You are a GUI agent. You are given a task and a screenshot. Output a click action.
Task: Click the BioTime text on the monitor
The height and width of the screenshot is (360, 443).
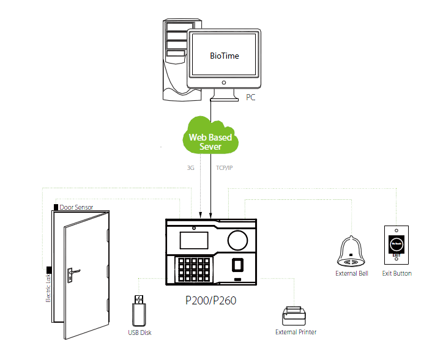coord(225,56)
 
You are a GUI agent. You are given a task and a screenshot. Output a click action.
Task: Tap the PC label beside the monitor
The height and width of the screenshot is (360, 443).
coord(250,97)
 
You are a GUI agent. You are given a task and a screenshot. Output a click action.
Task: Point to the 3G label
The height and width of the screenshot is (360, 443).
coord(190,167)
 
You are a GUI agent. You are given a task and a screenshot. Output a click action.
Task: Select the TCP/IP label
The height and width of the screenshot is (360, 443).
coord(225,167)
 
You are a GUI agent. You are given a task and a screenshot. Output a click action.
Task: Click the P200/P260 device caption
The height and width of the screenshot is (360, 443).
coord(210,301)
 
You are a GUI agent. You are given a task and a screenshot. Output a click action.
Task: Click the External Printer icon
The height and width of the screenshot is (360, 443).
coord(295,315)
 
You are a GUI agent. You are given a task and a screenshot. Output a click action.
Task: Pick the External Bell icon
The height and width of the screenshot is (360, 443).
coord(351,251)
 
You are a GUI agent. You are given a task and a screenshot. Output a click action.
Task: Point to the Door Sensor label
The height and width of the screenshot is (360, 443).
coord(76,207)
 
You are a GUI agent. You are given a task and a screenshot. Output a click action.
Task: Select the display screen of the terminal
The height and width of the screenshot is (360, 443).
coord(194,239)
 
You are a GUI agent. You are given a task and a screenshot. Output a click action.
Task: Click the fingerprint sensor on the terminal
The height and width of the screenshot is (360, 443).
coord(239,265)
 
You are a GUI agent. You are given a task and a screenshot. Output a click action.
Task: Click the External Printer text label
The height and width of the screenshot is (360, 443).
coord(296,332)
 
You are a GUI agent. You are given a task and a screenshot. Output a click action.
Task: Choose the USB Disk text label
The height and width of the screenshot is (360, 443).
coord(140,333)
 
